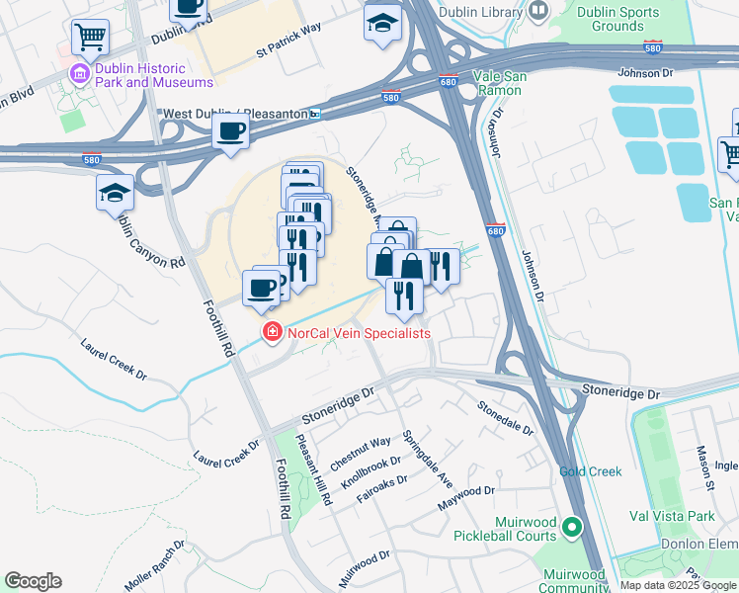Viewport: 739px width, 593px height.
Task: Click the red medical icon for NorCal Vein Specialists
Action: [270, 333]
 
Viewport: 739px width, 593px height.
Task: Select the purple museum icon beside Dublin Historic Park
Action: [77, 71]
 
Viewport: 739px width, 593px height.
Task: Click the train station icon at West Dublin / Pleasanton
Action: [315, 115]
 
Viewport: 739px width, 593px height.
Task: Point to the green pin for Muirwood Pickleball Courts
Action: [571, 528]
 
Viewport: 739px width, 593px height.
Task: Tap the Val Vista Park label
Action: [672, 516]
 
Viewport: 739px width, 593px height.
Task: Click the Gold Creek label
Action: [590, 471]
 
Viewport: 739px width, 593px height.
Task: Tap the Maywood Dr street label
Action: [466, 499]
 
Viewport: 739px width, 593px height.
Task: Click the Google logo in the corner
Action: [33, 581]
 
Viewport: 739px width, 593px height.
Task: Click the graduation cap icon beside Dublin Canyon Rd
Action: [116, 192]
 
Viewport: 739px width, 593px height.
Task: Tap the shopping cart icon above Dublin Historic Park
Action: [90, 38]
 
